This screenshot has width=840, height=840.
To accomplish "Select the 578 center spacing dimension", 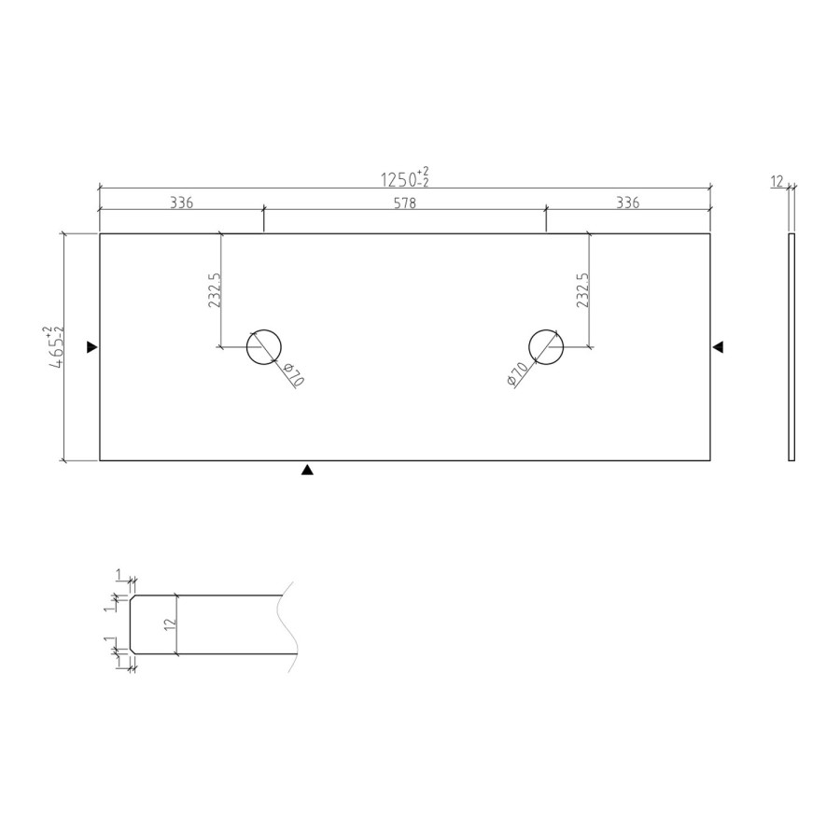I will pos(404,203).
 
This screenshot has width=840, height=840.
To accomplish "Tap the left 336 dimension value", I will pos(181,203).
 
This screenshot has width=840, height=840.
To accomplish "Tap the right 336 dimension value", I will pos(628,203).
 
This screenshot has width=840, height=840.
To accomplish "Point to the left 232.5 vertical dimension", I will pos(214,290).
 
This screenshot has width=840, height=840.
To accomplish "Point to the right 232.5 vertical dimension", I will pos(582,290).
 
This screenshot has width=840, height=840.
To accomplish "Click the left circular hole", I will pos(264,347).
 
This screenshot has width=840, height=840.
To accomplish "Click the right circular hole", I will pos(546,347).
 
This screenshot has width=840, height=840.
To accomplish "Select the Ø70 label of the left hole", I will pos(292,375).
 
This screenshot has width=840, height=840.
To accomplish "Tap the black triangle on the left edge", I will pos(91,347).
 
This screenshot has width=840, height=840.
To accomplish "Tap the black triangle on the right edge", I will pos(719,347).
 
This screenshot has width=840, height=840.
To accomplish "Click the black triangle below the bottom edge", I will pos(307,471).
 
